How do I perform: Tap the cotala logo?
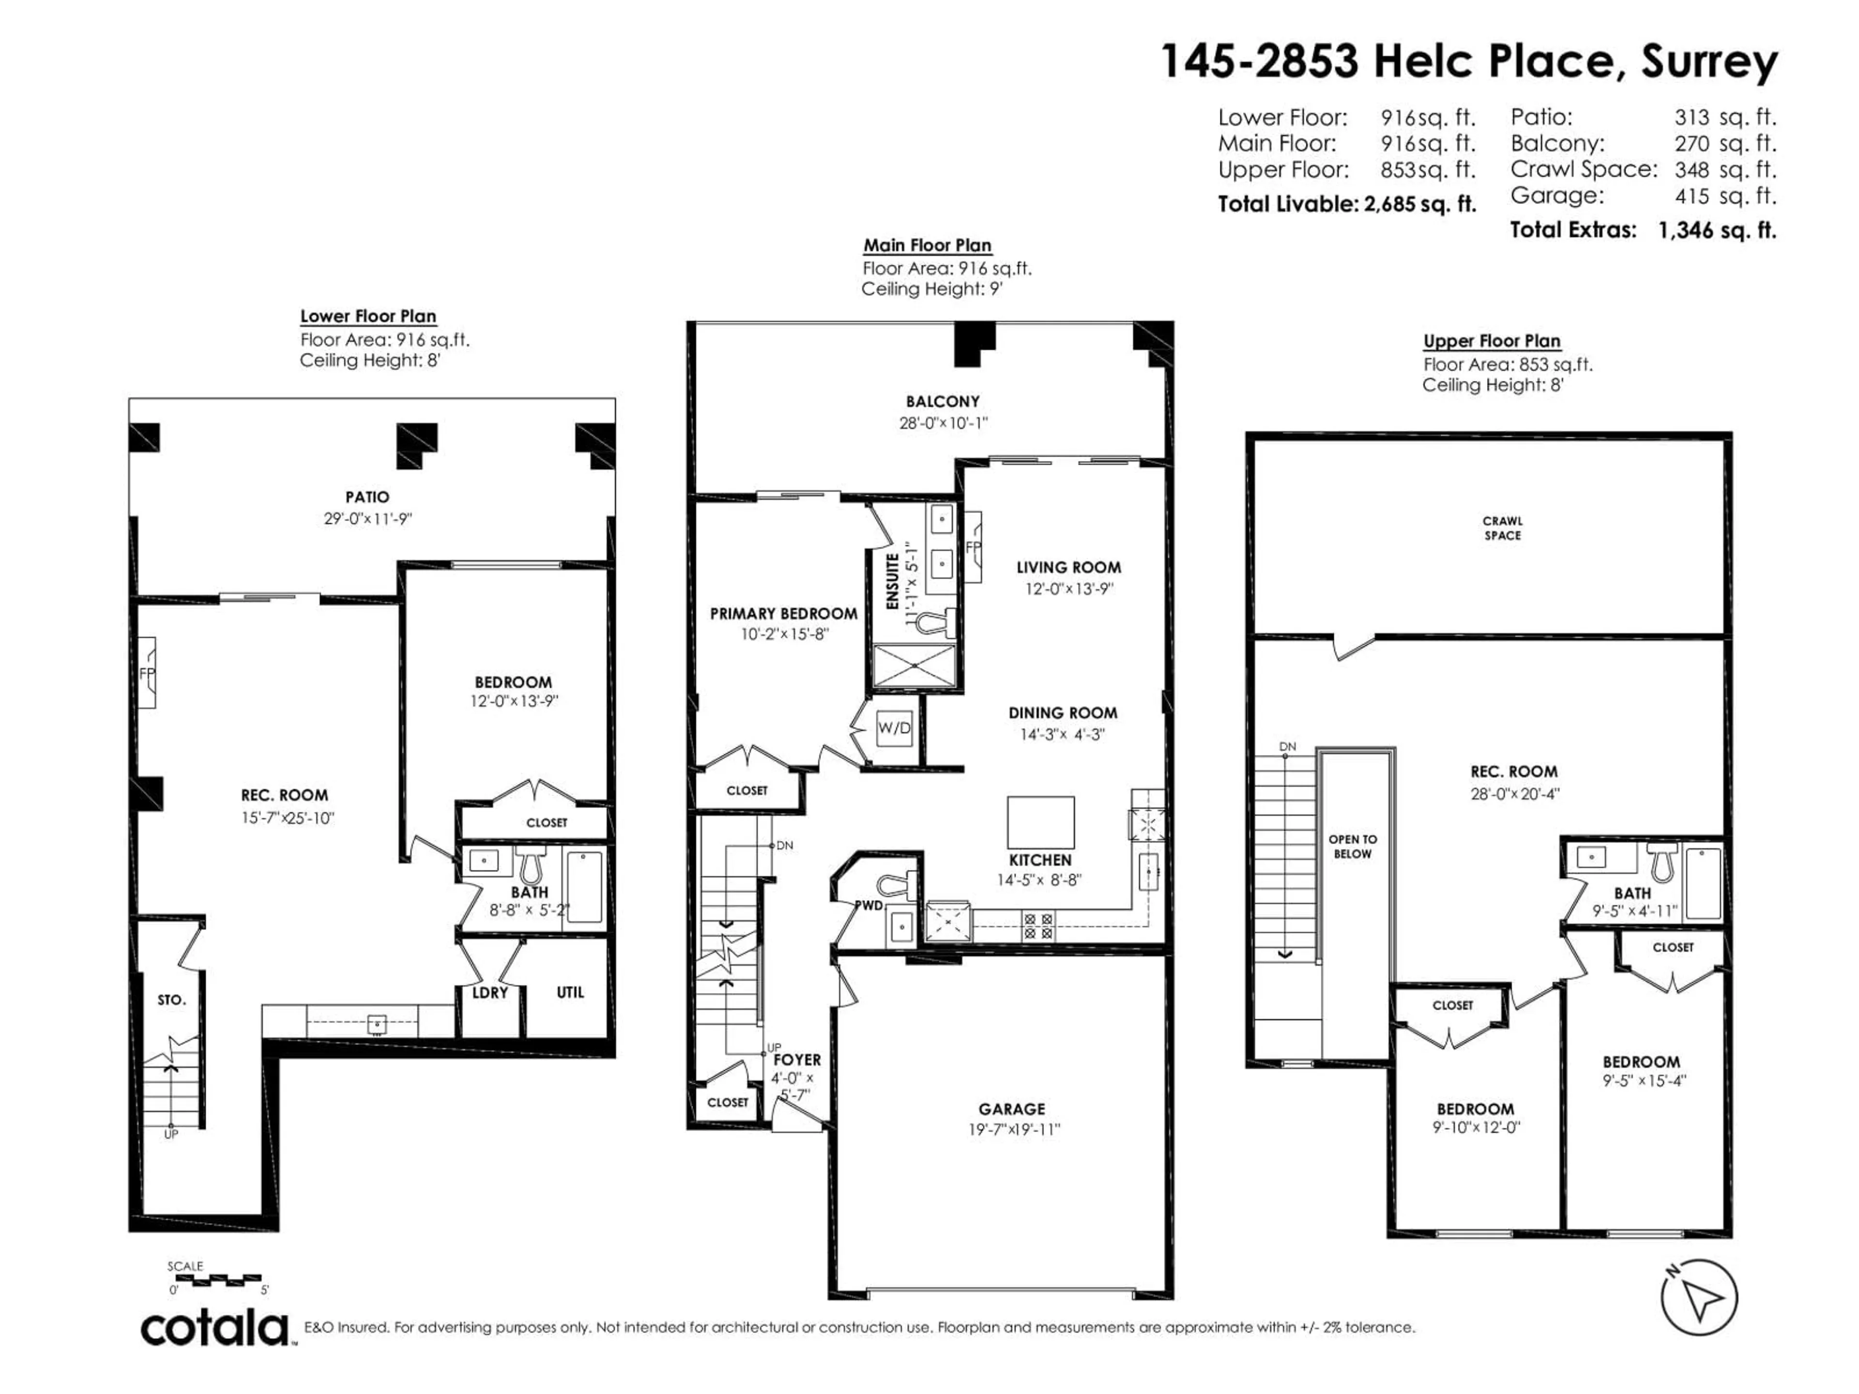(215, 1329)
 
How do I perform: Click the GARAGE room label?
(1012, 1109)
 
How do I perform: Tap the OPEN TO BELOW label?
(1352, 846)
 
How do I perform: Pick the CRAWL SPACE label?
(1502, 528)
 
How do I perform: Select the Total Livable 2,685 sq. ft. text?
(1346, 204)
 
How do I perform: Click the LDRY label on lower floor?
(490, 992)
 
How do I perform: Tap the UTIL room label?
(570, 992)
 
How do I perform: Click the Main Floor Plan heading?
(927, 245)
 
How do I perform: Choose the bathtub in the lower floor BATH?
(584, 887)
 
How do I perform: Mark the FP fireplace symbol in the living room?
(973, 547)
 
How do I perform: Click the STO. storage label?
(171, 1000)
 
